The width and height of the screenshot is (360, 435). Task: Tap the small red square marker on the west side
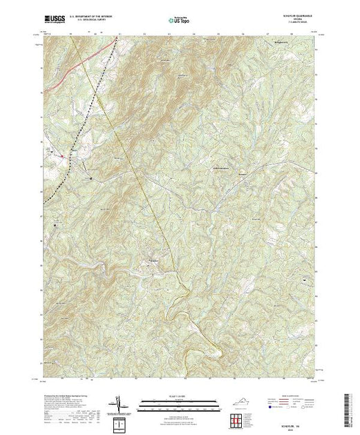[62, 157]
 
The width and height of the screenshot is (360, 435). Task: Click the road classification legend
[293, 403]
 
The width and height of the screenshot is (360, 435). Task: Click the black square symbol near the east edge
[303, 260]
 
